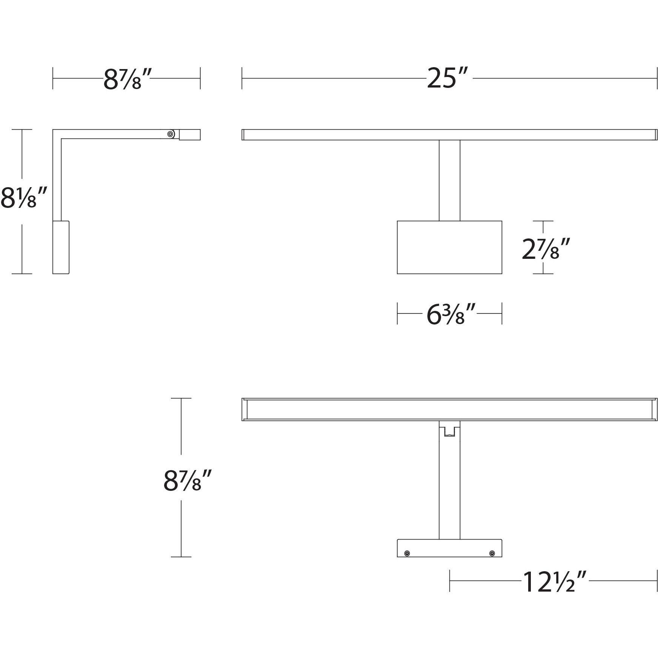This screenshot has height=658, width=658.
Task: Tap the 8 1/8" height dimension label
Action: coord(23,198)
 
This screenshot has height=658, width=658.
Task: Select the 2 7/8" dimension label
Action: coord(545,249)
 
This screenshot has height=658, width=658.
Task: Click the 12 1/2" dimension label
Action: coord(554,581)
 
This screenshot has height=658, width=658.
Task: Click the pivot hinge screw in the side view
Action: coord(171,134)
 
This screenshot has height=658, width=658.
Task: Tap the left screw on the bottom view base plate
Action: coord(407,553)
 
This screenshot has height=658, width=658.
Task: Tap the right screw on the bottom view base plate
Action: coord(492,553)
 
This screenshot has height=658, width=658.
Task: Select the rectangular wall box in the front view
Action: coord(449,248)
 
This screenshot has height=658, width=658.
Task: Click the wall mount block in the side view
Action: coord(61,248)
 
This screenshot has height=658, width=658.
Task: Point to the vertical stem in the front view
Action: coord(449,180)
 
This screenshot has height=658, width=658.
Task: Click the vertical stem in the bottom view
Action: coord(449,490)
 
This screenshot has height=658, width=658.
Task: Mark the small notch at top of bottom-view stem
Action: coord(449,431)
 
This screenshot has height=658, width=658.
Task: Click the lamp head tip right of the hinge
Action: coord(189,135)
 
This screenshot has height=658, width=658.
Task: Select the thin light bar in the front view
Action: coord(449,135)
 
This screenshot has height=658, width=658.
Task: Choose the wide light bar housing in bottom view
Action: coord(449,409)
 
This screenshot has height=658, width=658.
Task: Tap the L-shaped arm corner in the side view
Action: coord(57,134)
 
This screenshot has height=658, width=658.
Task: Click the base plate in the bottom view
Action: coord(449,548)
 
